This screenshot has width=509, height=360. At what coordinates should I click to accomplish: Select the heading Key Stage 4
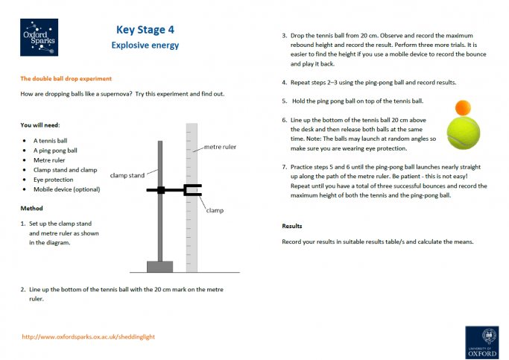coord(145,30)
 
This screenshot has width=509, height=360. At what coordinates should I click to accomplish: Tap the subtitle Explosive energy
coord(145,45)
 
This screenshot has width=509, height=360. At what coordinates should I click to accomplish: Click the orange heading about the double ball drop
coord(66,78)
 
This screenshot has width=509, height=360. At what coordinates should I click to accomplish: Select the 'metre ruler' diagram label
coord(220,148)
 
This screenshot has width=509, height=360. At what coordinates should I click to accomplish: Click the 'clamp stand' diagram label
coord(127,176)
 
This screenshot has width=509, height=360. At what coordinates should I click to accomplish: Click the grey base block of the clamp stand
coord(159,266)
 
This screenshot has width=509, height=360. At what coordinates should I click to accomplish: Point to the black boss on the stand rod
coord(160,190)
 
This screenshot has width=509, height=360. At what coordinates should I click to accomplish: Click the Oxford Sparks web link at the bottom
coord(89,337)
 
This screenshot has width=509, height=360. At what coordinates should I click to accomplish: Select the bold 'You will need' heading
coord(40,124)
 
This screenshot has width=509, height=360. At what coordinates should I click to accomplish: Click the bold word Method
coord(32,208)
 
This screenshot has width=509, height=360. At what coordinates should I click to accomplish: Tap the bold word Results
coord(293,225)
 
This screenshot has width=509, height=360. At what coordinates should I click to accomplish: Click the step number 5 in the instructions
coord(284,101)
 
